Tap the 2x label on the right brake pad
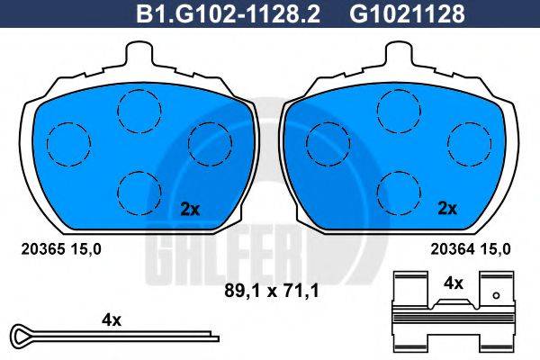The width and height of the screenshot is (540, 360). (446, 209)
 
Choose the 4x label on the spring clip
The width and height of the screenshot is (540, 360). (453, 283)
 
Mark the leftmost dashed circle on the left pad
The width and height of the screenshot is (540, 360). (67, 143)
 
